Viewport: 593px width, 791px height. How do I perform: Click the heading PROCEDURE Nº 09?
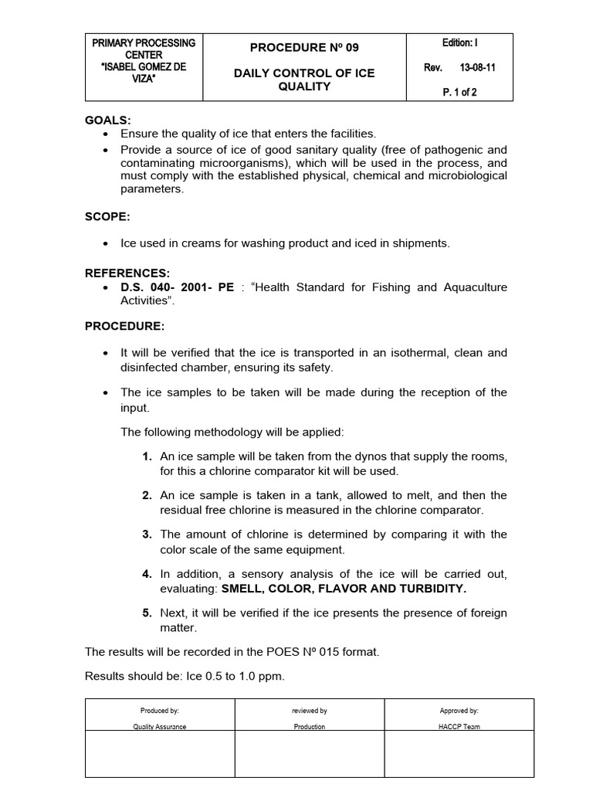tap(304, 48)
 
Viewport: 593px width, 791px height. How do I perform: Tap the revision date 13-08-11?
tap(479, 68)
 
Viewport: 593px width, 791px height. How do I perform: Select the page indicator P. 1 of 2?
tap(459, 93)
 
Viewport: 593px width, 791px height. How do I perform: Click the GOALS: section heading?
tap(107, 121)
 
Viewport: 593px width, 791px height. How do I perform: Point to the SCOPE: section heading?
tap(107, 217)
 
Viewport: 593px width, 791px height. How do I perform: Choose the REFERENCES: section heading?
tap(127, 273)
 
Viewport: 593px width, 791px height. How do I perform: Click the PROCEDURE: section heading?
tap(124, 326)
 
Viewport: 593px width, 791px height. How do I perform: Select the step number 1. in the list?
tap(147, 457)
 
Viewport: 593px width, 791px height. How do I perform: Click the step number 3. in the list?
tap(147, 534)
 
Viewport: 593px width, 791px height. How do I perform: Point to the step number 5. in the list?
tap(147, 613)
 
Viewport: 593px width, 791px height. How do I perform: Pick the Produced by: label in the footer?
tap(160, 711)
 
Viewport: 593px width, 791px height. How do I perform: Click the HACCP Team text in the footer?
tap(459, 727)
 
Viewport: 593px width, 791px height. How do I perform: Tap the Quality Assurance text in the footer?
tap(160, 727)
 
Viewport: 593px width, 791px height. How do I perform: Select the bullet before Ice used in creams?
tap(106, 243)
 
